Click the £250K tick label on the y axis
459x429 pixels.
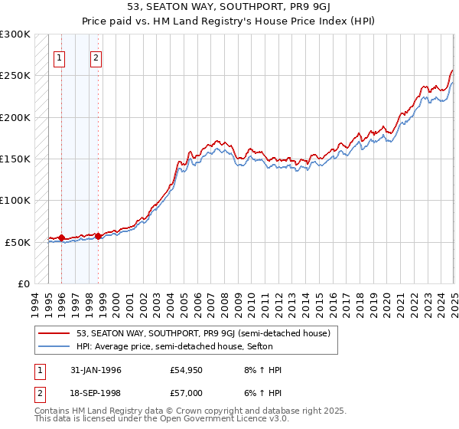(x=15, y=76)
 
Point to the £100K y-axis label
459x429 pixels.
(x=15, y=200)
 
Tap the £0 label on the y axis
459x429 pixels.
(x=23, y=283)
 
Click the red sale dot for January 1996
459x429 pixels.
(x=61, y=238)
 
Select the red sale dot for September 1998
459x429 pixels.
(x=98, y=236)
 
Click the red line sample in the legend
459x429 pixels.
(x=54, y=333)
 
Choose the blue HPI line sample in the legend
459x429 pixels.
(x=54, y=346)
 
